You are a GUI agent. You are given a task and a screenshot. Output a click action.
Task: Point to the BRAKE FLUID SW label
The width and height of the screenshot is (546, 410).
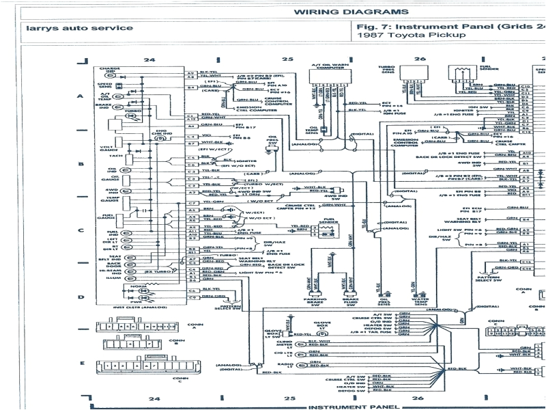349,301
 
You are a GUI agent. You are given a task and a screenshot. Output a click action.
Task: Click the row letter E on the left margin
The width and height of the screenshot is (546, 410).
81,363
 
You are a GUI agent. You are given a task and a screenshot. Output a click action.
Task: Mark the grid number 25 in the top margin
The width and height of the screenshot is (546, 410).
289,60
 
